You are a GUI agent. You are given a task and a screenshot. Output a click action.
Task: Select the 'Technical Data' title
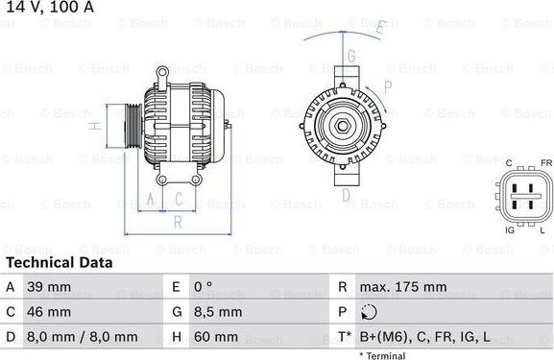(x=59, y=262)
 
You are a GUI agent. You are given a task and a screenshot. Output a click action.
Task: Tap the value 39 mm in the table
(x=50, y=287)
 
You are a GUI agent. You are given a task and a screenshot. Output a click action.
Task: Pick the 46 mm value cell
(x=50, y=312)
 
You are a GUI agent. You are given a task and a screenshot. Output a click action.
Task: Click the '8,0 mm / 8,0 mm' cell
(x=84, y=337)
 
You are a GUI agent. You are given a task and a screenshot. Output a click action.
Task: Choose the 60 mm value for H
(x=217, y=337)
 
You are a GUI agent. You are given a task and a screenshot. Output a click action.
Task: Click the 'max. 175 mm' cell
(x=402, y=287)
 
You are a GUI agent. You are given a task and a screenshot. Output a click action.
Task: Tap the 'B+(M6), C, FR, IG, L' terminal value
(x=424, y=337)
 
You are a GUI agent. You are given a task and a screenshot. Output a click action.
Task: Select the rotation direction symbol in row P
(x=370, y=312)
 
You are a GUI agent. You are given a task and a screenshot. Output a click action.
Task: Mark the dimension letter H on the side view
(x=94, y=126)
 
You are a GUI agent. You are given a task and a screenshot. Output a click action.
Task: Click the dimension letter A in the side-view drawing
(x=150, y=199)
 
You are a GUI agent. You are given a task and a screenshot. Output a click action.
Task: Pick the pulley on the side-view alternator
(x=124, y=125)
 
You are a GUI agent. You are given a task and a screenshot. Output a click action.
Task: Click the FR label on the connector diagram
(x=545, y=164)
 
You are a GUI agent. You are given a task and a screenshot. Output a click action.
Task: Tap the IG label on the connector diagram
(x=509, y=230)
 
